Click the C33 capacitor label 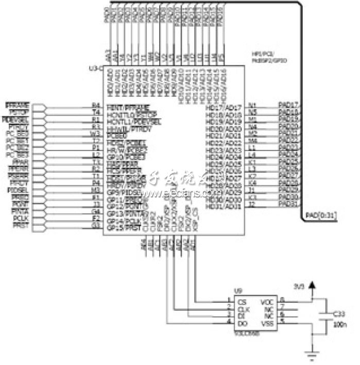338,313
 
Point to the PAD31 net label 288,204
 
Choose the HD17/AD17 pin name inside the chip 224,107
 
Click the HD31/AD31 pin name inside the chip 224,206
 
